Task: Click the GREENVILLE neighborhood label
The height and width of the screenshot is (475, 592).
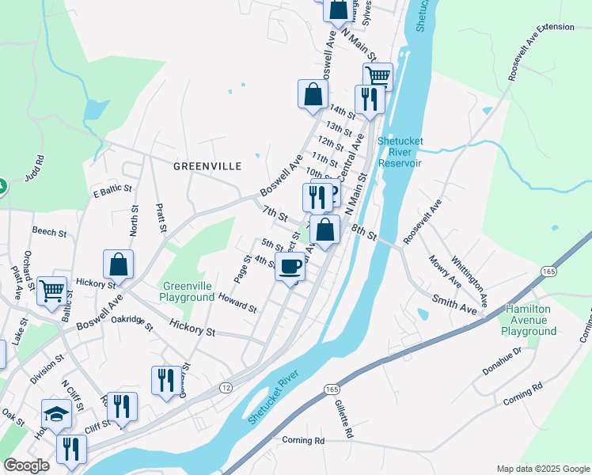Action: pyautogui.click(x=207, y=166)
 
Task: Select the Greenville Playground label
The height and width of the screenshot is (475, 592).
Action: pyautogui.click(x=188, y=291)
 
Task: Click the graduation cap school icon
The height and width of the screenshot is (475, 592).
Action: pyautogui.click(x=56, y=413)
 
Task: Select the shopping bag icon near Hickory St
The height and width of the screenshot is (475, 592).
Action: pyautogui.click(x=118, y=264)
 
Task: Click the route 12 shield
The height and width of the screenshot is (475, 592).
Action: pyautogui.click(x=226, y=387)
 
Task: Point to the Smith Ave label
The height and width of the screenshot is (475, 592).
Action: pyautogui.click(x=454, y=304)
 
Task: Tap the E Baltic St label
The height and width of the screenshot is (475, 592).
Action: pyautogui.click(x=112, y=192)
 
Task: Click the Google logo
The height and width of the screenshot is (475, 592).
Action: pyautogui.click(x=26, y=465)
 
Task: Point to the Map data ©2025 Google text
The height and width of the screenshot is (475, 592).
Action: pyautogui.click(x=542, y=469)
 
